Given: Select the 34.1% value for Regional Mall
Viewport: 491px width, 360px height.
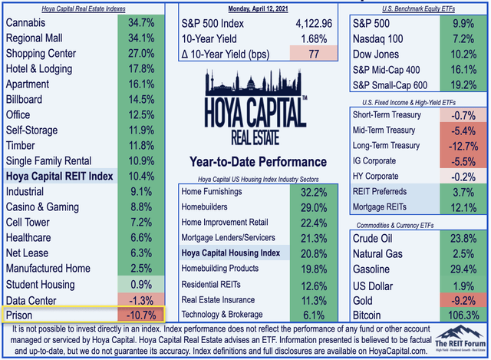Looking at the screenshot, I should [140, 39].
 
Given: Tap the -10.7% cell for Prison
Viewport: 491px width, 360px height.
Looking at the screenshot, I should [140, 315].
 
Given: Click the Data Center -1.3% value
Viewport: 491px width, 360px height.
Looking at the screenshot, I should [140, 299].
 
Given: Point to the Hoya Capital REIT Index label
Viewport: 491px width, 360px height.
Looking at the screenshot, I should [59, 177].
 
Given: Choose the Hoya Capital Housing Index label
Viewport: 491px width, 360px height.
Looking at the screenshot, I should [231, 253].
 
